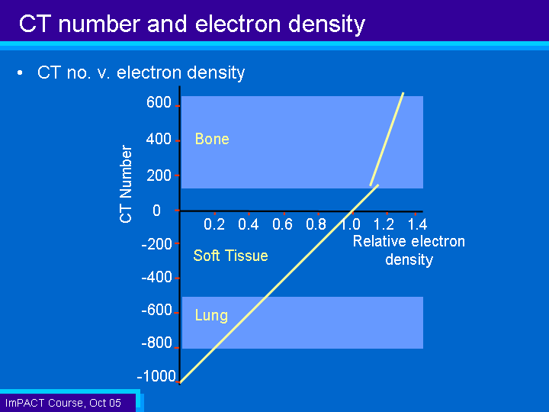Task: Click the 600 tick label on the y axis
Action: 159,102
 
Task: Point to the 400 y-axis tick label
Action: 159,139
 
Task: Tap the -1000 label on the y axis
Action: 156,376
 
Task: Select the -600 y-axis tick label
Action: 156,310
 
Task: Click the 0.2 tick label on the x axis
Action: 214,224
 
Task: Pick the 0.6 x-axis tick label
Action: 282,224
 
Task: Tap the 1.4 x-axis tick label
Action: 417,224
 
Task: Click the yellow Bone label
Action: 212,139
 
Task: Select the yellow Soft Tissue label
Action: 230,256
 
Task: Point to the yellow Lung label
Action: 211,315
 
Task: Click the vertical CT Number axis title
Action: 126,184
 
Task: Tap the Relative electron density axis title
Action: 409,250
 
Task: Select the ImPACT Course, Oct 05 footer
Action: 63,403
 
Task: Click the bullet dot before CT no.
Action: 21,73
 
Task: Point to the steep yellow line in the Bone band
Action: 387,139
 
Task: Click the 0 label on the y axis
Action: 156,211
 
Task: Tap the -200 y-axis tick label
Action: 156,243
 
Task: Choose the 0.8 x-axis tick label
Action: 316,224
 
